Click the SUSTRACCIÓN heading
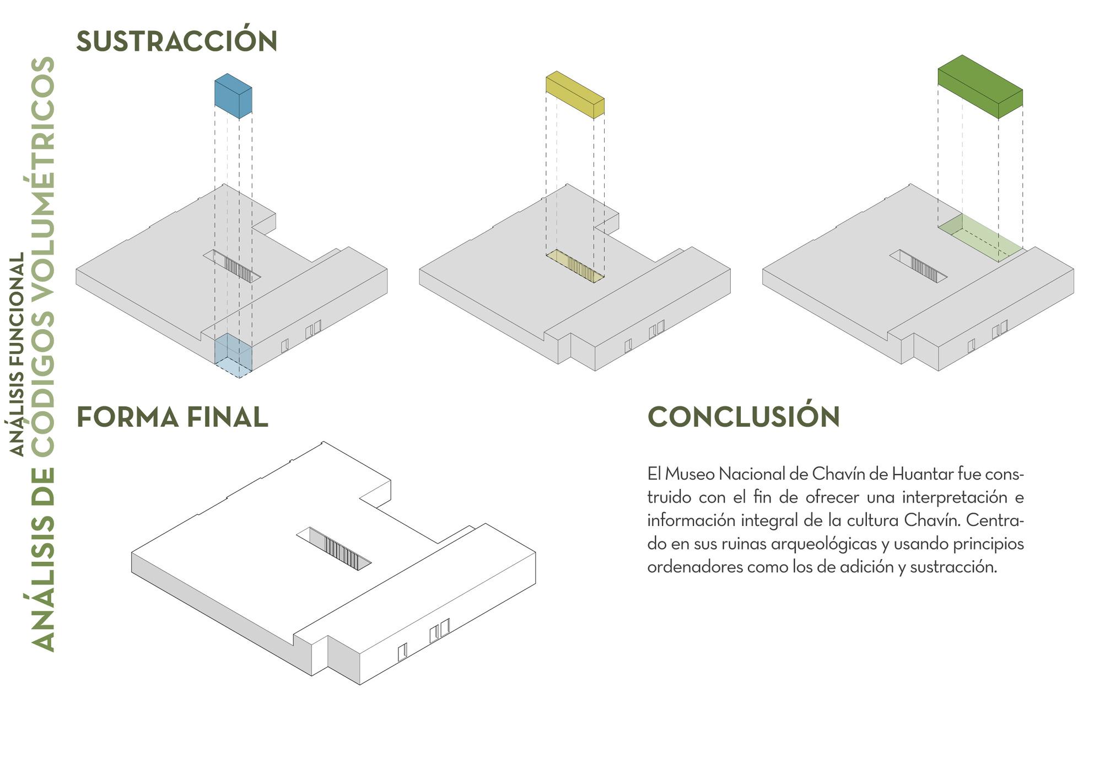click(x=176, y=41)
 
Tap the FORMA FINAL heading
click(x=172, y=417)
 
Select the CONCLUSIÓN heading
click(x=743, y=417)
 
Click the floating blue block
click(x=233, y=96)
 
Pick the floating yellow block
click(x=575, y=95)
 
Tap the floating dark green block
click(x=980, y=87)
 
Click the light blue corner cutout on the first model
click(x=233, y=356)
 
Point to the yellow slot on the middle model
click(x=575, y=266)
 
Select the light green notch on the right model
click(x=980, y=238)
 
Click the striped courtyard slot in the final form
click(x=334, y=549)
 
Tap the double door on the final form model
click(x=439, y=631)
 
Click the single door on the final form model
click(x=402, y=651)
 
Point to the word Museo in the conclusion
click(x=689, y=474)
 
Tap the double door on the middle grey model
click(x=656, y=329)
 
